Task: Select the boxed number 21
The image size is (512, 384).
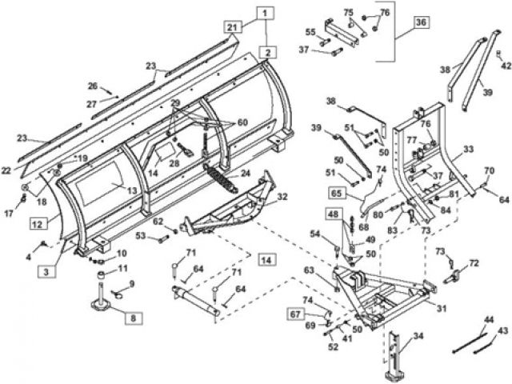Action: click(x=232, y=27)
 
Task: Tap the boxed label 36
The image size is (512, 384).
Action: click(x=422, y=22)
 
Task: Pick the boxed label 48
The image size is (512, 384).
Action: click(x=334, y=214)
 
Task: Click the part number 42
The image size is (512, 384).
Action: click(x=504, y=66)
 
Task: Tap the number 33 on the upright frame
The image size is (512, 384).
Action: click(x=468, y=149)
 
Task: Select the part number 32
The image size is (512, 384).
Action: click(x=282, y=197)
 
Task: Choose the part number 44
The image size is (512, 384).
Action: click(x=487, y=319)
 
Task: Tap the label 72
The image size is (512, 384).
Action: click(x=474, y=262)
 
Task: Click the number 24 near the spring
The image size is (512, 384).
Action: click(x=246, y=174)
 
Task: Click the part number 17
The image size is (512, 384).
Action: click(x=10, y=213)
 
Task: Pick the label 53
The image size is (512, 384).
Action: click(x=141, y=236)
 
